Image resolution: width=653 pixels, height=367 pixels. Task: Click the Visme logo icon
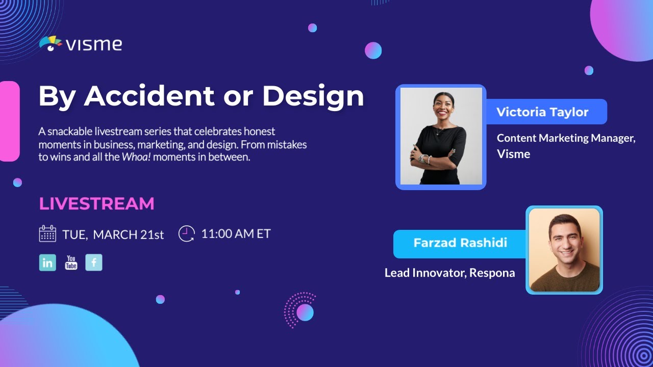click(x=51, y=43)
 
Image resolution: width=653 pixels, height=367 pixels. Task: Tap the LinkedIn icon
click(x=47, y=263)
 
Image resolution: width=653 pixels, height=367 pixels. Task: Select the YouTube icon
click(x=71, y=263)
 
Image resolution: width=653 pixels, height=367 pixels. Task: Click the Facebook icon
click(x=94, y=263)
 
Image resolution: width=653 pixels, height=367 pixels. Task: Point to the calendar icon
click(x=47, y=233)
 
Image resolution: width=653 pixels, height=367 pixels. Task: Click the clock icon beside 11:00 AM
click(x=187, y=233)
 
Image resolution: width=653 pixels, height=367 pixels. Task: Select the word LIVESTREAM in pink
click(x=96, y=203)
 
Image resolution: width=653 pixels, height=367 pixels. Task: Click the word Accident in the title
click(x=149, y=96)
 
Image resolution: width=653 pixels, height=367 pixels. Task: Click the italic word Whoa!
click(x=136, y=157)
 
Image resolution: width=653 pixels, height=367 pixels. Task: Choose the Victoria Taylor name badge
click(x=546, y=112)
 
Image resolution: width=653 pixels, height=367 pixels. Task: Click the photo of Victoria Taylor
click(x=441, y=136)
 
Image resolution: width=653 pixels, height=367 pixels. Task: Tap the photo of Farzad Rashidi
click(x=564, y=250)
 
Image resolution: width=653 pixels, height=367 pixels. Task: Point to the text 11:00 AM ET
click(x=236, y=233)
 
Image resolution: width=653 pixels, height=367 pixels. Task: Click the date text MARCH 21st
click(x=128, y=234)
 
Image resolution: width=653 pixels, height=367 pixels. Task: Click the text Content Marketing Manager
click(x=566, y=138)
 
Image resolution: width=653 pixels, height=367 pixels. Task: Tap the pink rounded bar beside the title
click(x=10, y=121)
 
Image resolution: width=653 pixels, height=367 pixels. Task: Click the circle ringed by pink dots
click(x=305, y=312)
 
